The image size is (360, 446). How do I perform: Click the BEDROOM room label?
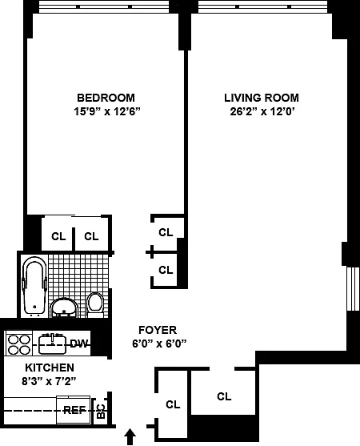(x=106, y=98)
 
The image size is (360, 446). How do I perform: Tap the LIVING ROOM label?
(x=262, y=98)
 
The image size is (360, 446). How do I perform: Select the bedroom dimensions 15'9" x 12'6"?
(x=107, y=111)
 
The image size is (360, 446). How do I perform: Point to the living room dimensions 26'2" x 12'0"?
(x=262, y=111)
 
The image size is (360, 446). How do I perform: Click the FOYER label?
(x=158, y=330)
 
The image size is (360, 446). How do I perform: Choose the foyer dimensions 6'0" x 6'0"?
(x=159, y=344)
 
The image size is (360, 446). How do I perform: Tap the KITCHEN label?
(x=50, y=368)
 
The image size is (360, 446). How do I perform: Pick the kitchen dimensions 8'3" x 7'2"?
(x=49, y=381)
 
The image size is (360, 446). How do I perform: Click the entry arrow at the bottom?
(x=130, y=436)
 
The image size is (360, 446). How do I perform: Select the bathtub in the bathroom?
(x=34, y=286)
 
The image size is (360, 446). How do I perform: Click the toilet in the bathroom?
(x=95, y=304)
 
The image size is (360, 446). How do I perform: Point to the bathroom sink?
(x=64, y=307)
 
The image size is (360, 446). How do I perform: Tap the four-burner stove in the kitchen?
(x=19, y=344)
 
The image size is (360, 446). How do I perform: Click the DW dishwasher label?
(x=79, y=344)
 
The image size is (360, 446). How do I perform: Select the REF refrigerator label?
(x=74, y=410)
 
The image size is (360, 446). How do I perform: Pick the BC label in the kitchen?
(x=101, y=412)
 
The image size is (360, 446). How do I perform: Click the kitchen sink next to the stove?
(x=52, y=344)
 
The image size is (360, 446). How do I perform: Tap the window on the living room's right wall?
(x=353, y=289)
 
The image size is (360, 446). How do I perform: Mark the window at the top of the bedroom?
(x=104, y=7)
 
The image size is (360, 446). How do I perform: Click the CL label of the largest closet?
(x=224, y=396)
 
